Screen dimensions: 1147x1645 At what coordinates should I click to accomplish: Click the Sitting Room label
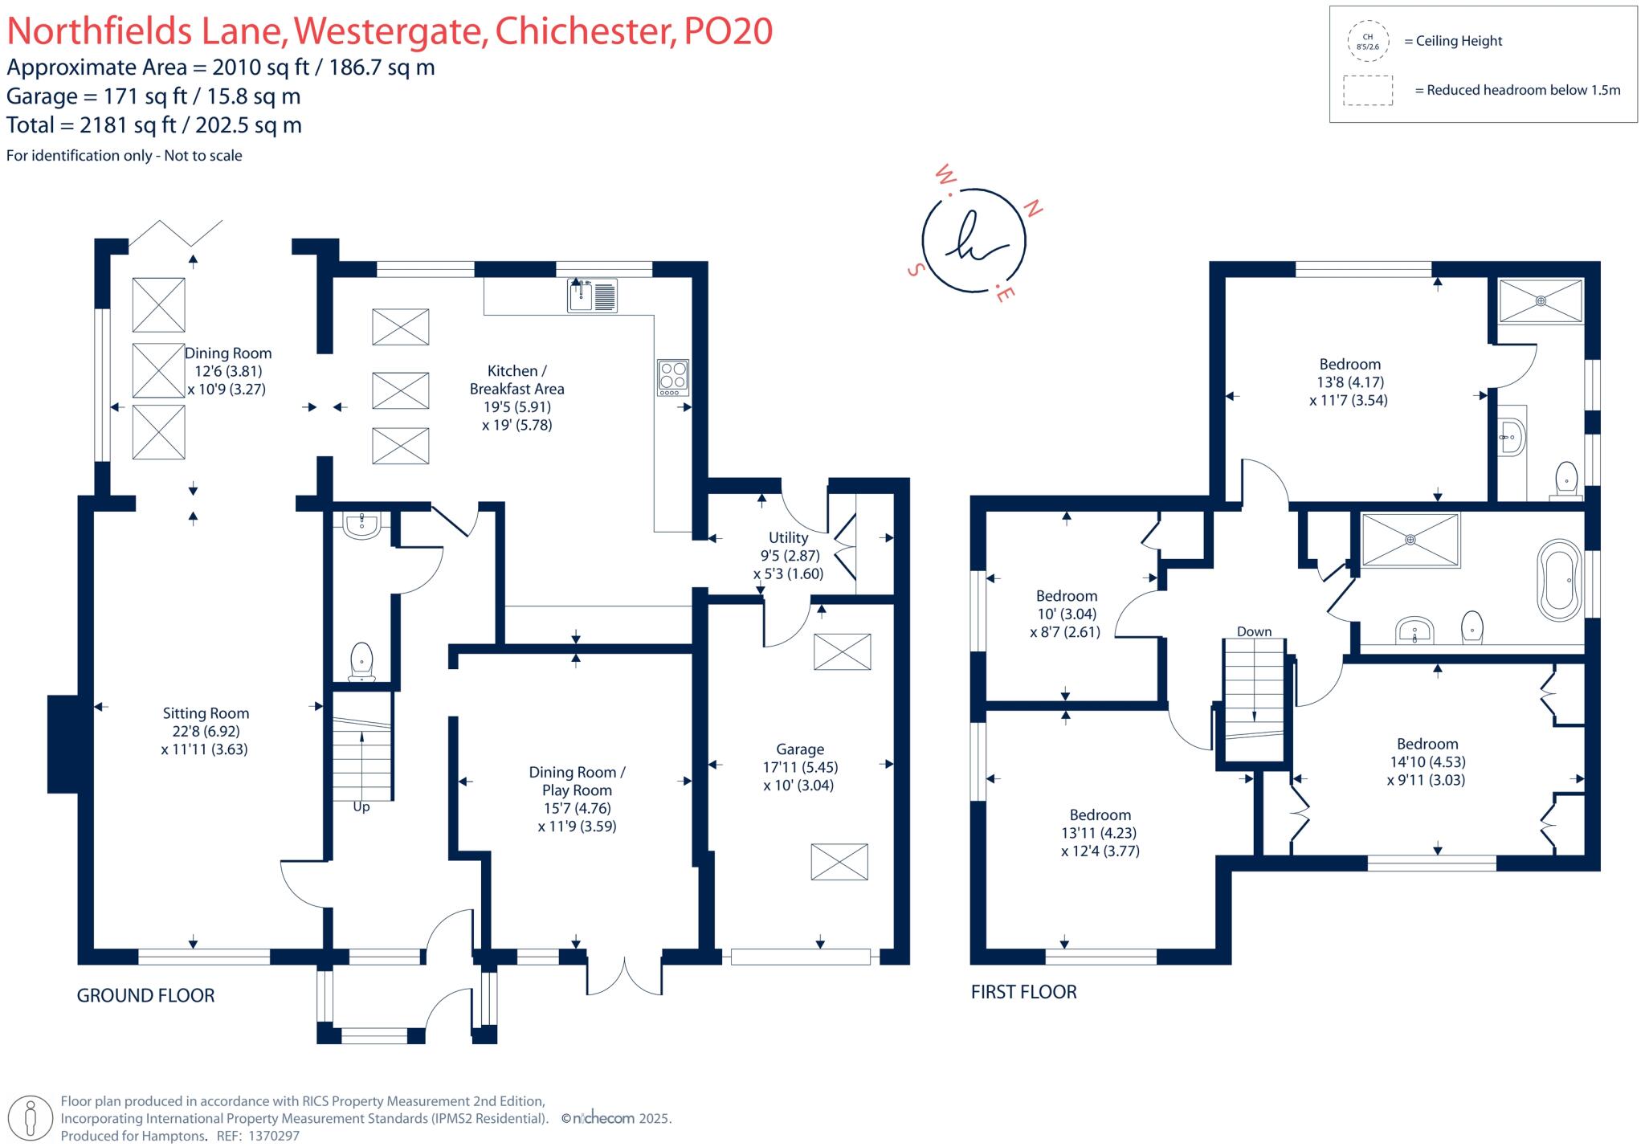206,713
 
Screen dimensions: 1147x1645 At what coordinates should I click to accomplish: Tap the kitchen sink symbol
592,295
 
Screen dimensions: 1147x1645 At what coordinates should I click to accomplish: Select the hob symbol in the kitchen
672,376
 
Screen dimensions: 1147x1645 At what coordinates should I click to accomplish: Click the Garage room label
799,749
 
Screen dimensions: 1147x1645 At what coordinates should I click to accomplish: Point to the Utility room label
788,537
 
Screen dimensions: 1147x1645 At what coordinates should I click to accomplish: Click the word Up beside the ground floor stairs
361,806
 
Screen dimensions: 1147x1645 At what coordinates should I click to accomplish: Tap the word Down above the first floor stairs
1254,631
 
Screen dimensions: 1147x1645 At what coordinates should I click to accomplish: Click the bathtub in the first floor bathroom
1559,580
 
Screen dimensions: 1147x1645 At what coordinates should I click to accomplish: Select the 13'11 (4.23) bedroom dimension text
1099,833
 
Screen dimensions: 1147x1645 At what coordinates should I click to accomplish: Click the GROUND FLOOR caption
145,996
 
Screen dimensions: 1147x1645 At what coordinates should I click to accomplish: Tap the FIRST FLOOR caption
1023,992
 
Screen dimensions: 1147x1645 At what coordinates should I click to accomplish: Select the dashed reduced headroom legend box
1367,90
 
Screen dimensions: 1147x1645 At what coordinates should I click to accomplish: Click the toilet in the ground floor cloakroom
361,661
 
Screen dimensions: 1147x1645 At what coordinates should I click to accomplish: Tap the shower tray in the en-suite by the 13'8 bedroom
1540,301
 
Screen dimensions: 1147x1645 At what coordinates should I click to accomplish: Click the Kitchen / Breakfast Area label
516,380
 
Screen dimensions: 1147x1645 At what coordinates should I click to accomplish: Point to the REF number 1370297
274,1136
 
